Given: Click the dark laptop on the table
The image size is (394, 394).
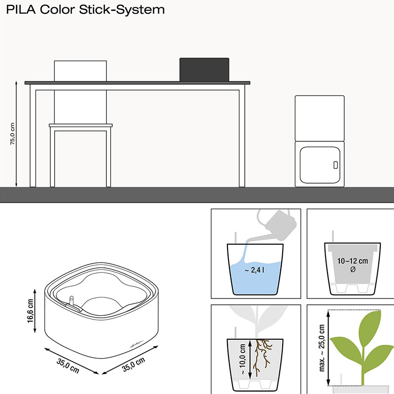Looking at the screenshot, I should tap(204, 69).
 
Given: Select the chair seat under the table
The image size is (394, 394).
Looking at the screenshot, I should tap(81, 126).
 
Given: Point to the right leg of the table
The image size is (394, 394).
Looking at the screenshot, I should tap(242, 135).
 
